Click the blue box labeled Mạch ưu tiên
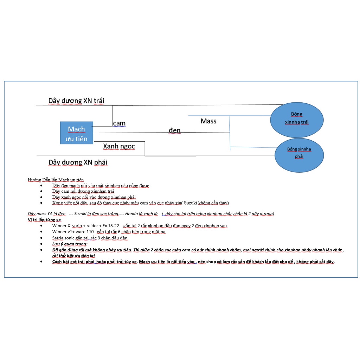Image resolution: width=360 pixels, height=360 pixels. pos(76,133)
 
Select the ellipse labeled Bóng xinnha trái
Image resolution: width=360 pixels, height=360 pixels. pos(297,120)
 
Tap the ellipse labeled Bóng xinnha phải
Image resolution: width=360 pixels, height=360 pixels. pos(299,155)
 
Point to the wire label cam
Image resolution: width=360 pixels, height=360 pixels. pos(119,123)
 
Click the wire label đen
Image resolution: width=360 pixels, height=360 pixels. pos(174,130)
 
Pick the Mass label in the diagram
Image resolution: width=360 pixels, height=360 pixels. pos(208,121)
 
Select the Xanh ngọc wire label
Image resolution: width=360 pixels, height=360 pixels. pos(119,146)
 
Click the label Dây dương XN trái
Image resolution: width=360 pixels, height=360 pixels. pos(76,101)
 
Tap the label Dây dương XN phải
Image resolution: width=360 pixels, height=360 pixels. pos(78,162)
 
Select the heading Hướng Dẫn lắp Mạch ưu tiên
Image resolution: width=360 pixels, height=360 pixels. pos(56,180)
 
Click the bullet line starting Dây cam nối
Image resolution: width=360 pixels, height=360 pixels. pos(83,191)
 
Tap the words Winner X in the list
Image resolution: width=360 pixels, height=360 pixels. pos(61,225)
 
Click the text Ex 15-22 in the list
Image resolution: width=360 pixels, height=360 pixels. pos(111,225)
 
